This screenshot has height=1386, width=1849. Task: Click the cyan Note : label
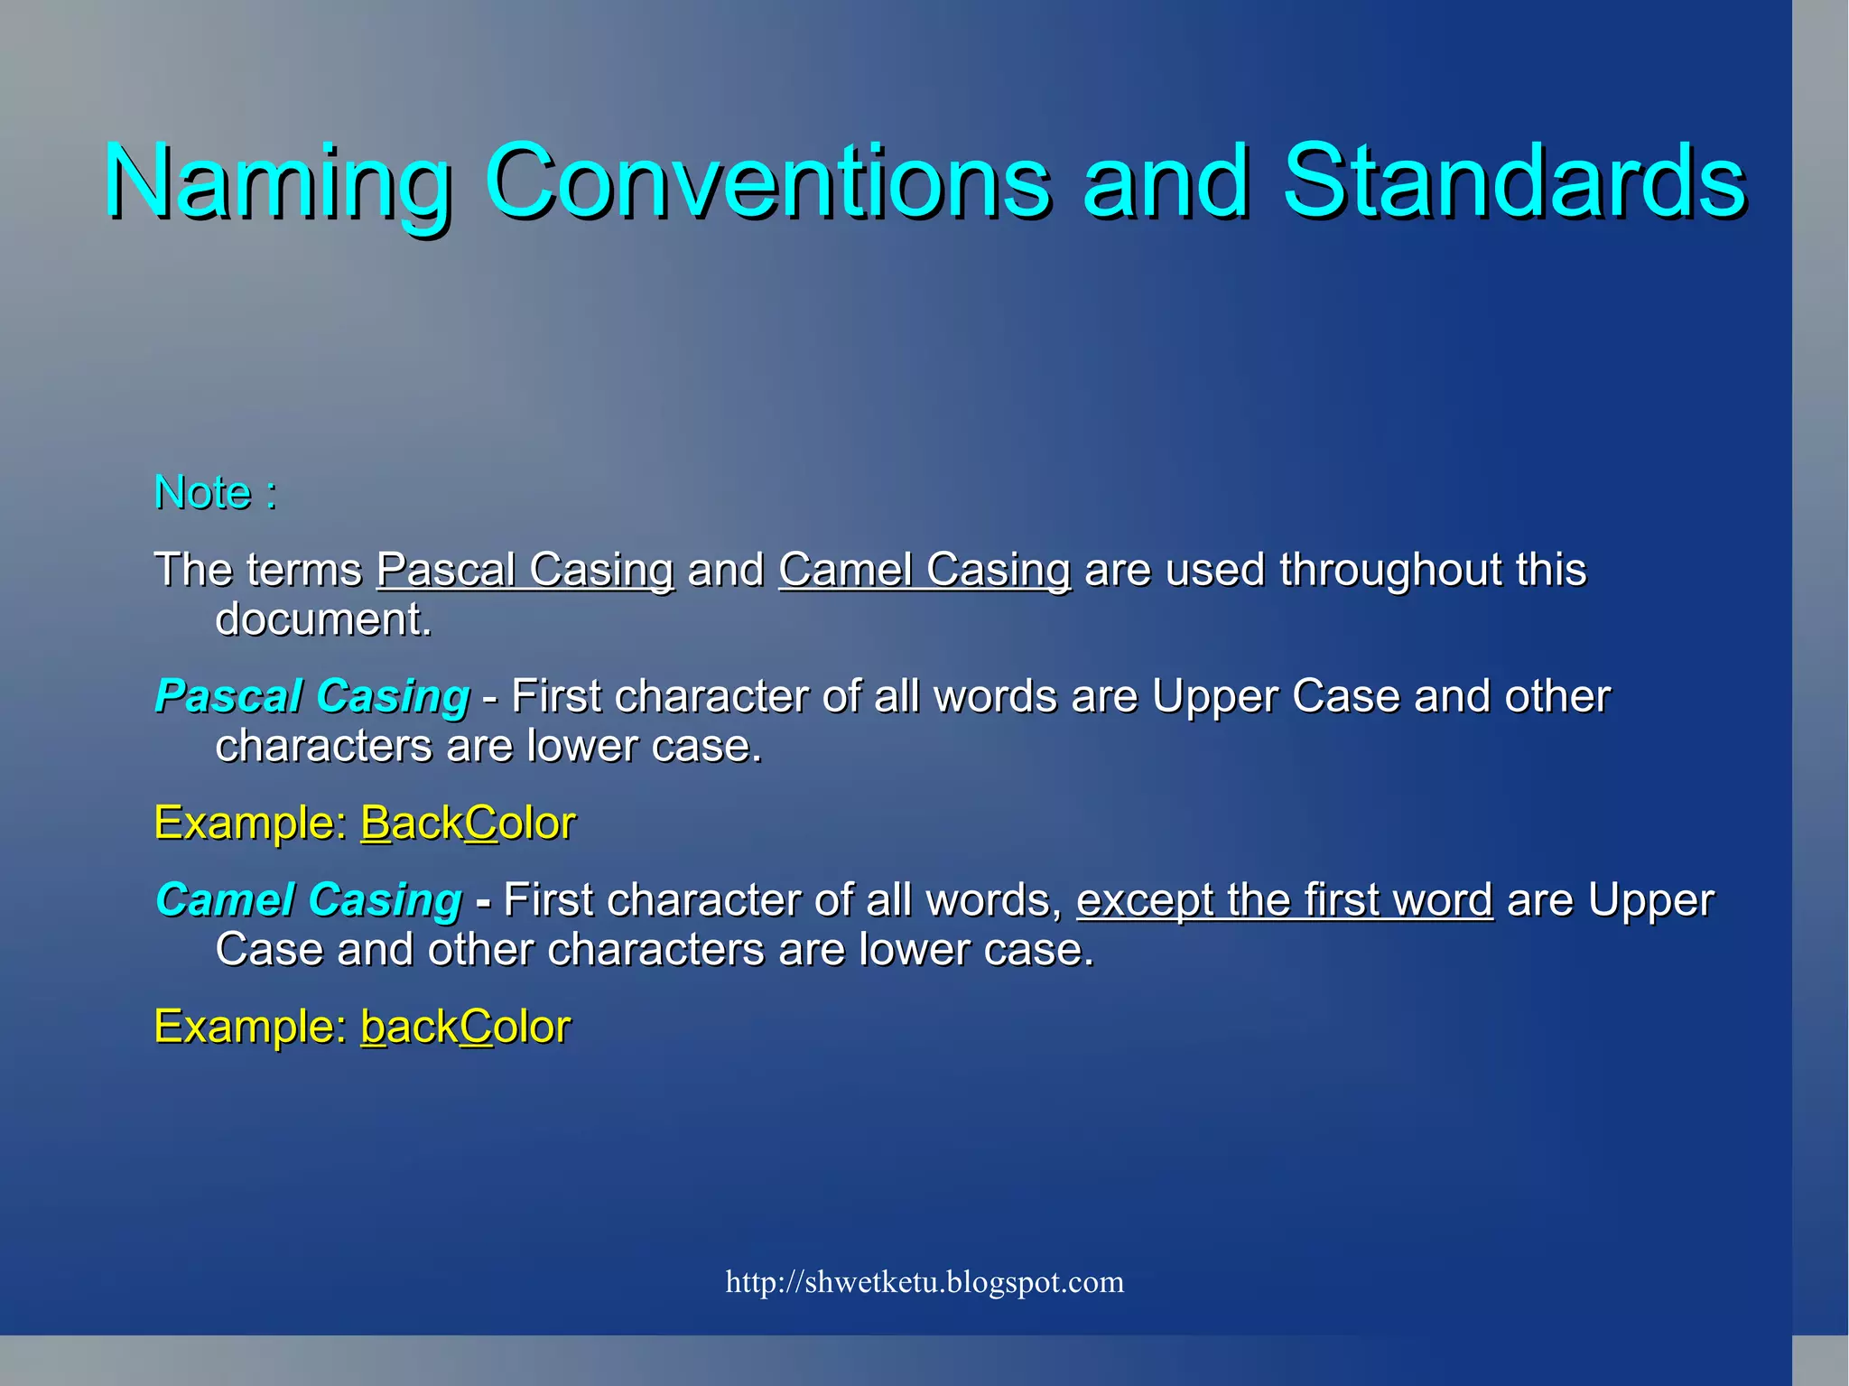[215, 493]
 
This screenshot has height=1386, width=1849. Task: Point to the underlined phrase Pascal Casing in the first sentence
[525, 570]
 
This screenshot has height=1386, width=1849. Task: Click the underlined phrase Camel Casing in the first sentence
[924, 570]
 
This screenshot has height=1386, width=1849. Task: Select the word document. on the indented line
[323, 619]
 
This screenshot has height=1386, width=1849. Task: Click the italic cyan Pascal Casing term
[312, 696]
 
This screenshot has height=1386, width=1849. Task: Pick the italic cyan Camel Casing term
[309, 900]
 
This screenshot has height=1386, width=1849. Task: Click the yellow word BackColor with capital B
[468, 823]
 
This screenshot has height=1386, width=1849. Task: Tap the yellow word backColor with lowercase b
[465, 1028]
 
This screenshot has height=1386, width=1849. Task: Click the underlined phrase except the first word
[1284, 900]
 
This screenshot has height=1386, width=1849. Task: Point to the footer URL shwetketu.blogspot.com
[924, 1282]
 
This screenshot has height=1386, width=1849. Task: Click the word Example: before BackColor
[250, 823]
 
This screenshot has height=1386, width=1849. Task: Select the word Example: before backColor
[250, 1028]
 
